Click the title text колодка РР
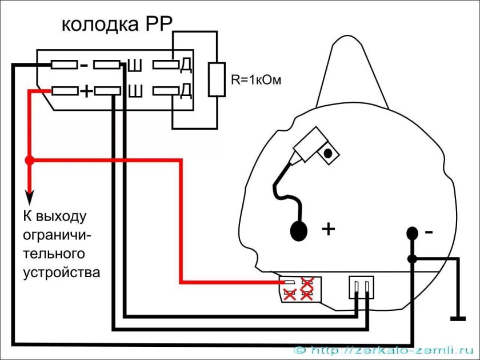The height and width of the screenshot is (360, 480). point(117,25)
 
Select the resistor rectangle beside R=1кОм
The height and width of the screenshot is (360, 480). point(217,80)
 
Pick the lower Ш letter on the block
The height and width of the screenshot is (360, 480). point(135,91)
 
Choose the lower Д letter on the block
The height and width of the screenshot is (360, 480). point(185,91)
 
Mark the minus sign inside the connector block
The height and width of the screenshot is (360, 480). point(84,66)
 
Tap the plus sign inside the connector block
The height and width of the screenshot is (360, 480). point(86,91)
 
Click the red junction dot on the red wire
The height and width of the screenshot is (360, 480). point(30,161)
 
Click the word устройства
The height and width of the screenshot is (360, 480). point(62,271)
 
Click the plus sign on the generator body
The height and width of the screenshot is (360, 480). point(328,230)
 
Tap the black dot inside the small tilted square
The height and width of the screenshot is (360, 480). point(328,153)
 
